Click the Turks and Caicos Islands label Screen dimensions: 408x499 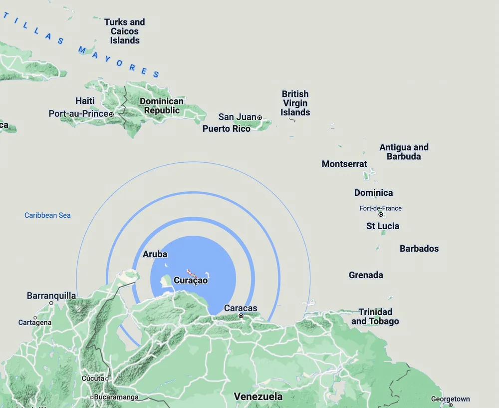click(x=124, y=31)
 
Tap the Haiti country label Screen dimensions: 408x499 click(x=85, y=101)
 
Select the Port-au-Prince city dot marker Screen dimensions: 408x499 click(x=111, y=114)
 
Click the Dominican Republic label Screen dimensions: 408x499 click(x=162, y=106)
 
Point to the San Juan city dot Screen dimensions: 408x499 click(x=259, y=117)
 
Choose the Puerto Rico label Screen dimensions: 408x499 click(x=227, y=128)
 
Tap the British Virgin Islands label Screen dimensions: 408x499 click(x=295, y=103)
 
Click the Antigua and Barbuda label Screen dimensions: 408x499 click(x=404, y=152)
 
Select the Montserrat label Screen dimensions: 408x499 click(x=344, y=164)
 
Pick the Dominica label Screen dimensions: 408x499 click(x=373, y=193)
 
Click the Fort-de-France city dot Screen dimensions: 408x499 click(x=381, y=215)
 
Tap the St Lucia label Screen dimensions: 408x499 click(x=383, y=226)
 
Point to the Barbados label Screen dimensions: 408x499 click(x=419, y=248)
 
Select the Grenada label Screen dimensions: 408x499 click(x=366, y=275)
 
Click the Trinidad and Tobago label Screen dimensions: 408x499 click(x=375, y=317)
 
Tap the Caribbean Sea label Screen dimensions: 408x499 click(x=47, y=215)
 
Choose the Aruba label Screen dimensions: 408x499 click(x=155, y=254)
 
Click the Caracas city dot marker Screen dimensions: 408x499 click(x=241, y=316)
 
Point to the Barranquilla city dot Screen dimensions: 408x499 click(x=51, y=303)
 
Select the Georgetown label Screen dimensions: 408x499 click(x=450, y=399)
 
